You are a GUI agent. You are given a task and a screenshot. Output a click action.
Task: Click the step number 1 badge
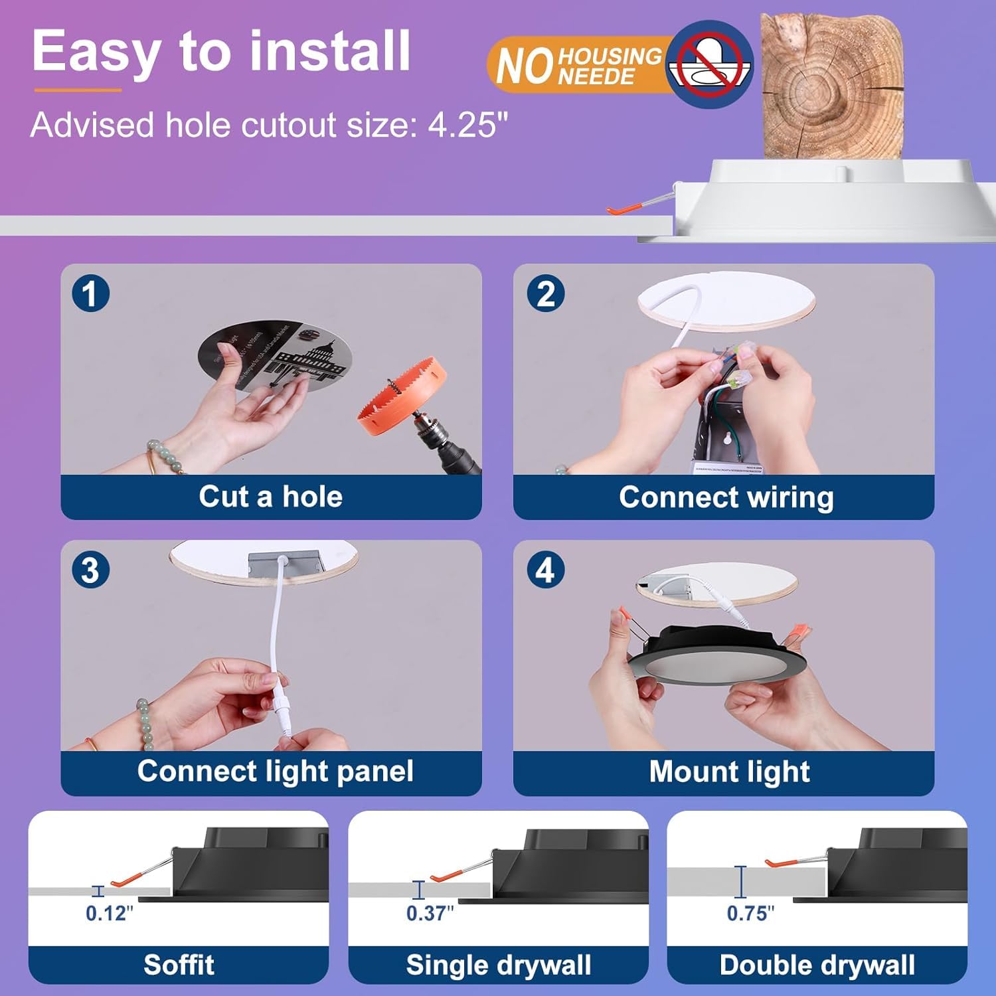[x=90, y=293]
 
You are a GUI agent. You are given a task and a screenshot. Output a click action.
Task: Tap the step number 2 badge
[x=545, y=293]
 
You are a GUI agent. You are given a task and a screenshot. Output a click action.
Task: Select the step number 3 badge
[x=90, y=570]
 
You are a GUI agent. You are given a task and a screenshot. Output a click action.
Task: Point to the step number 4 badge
[x=545, y=570]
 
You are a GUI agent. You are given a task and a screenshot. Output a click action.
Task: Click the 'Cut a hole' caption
[x=270, y=497]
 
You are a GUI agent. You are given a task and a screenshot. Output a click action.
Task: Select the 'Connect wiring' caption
[x=726, y=497]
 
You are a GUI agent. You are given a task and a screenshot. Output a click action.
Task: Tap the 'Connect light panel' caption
[x=275, y=772]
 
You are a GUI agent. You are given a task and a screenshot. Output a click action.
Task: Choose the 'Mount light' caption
[x=729, y=772]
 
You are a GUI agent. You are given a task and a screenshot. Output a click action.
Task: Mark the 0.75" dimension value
[x=750, y=914]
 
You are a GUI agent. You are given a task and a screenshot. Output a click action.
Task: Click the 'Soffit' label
[x=179, y=965]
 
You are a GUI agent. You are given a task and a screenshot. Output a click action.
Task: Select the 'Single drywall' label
[x=498, y=965]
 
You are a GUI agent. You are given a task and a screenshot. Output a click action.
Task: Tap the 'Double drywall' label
[x=817, y=965]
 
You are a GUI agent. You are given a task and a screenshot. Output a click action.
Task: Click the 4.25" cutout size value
[x=467, y=125]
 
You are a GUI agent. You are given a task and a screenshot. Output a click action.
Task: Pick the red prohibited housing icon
[x=709, y=64]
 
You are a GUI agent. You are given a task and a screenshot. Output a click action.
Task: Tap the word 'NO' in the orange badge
[x=525, y=66]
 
